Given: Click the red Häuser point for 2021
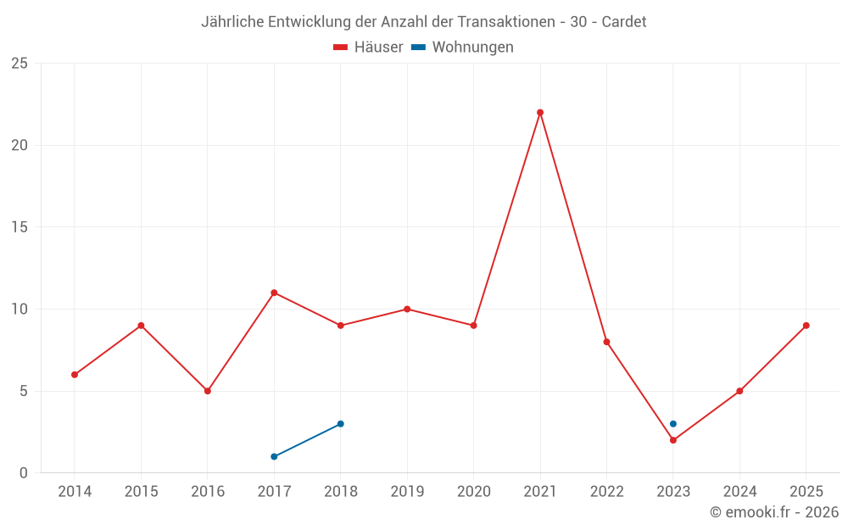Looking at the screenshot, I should coord(540,113).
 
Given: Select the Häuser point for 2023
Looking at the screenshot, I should coord(672,440).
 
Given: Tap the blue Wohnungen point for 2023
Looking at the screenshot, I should coord(672,424).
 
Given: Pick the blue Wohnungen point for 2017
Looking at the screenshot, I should coord(274,456).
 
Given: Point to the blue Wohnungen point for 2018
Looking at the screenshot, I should coord(340,424).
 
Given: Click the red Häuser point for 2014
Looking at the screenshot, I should coord(75,375).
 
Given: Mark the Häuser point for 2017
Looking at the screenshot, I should coord(274,293).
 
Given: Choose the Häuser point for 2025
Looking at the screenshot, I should coord(806,326).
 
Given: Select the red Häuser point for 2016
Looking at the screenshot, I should coord(208,391).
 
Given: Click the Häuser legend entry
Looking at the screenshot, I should coord(369,47).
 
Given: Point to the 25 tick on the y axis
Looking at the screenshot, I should coord(19,64).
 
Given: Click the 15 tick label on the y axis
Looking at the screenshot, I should coord(19,227).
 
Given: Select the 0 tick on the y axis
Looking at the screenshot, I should coord(23,473).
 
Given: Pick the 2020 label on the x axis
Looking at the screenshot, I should coord(473,492).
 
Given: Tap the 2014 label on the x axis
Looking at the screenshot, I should coord(75,492).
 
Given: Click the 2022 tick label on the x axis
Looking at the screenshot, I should coord(606,492).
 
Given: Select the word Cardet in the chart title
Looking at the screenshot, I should coord(623,22).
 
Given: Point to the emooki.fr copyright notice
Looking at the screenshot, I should coord(773,512).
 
